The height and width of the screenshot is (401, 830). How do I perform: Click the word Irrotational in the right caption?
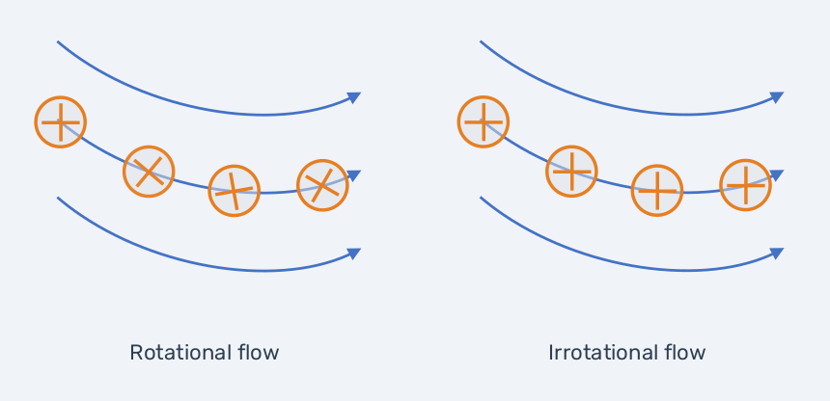click(x=589, y=353)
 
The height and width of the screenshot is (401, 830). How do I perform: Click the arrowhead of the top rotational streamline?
click(x=354, y=97)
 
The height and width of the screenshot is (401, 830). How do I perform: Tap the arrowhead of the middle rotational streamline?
click(x=354, y=175)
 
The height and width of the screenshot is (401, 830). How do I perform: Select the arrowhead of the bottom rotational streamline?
click(x=354, y=254)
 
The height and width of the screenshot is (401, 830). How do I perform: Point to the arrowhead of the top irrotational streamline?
click(x=778, y=97)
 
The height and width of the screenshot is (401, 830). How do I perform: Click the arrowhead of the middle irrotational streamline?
click(x=778, y=175)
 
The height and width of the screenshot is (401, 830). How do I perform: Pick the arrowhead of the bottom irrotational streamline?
click(x=778, y=254)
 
